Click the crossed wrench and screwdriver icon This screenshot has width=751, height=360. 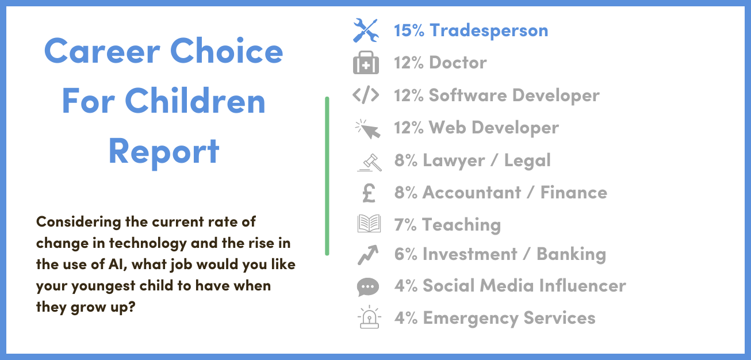(366, 30)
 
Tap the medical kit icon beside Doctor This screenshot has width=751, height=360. (366, 63)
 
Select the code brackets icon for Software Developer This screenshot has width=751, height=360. (366, 94)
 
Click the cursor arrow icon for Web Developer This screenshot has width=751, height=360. (368, 129)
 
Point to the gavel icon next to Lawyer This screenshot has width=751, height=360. (369, 163)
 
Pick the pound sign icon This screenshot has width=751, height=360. (369, 193)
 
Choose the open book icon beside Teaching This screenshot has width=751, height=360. (369, 223)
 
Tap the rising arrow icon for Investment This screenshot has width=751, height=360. (368, 255)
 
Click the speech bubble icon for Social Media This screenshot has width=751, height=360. (368, 287)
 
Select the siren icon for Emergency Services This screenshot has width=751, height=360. (369, 317)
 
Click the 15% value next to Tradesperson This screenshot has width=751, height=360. (409, 30)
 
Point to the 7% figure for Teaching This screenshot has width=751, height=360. (405, 225)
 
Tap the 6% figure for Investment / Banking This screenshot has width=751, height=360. (405, 254)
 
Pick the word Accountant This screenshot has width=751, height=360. (472, 193)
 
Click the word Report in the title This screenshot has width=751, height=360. (164, 152)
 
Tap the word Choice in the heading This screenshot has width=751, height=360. (227, 51)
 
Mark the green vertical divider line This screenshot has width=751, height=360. (327, 176)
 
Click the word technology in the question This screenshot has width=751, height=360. (148, 244)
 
